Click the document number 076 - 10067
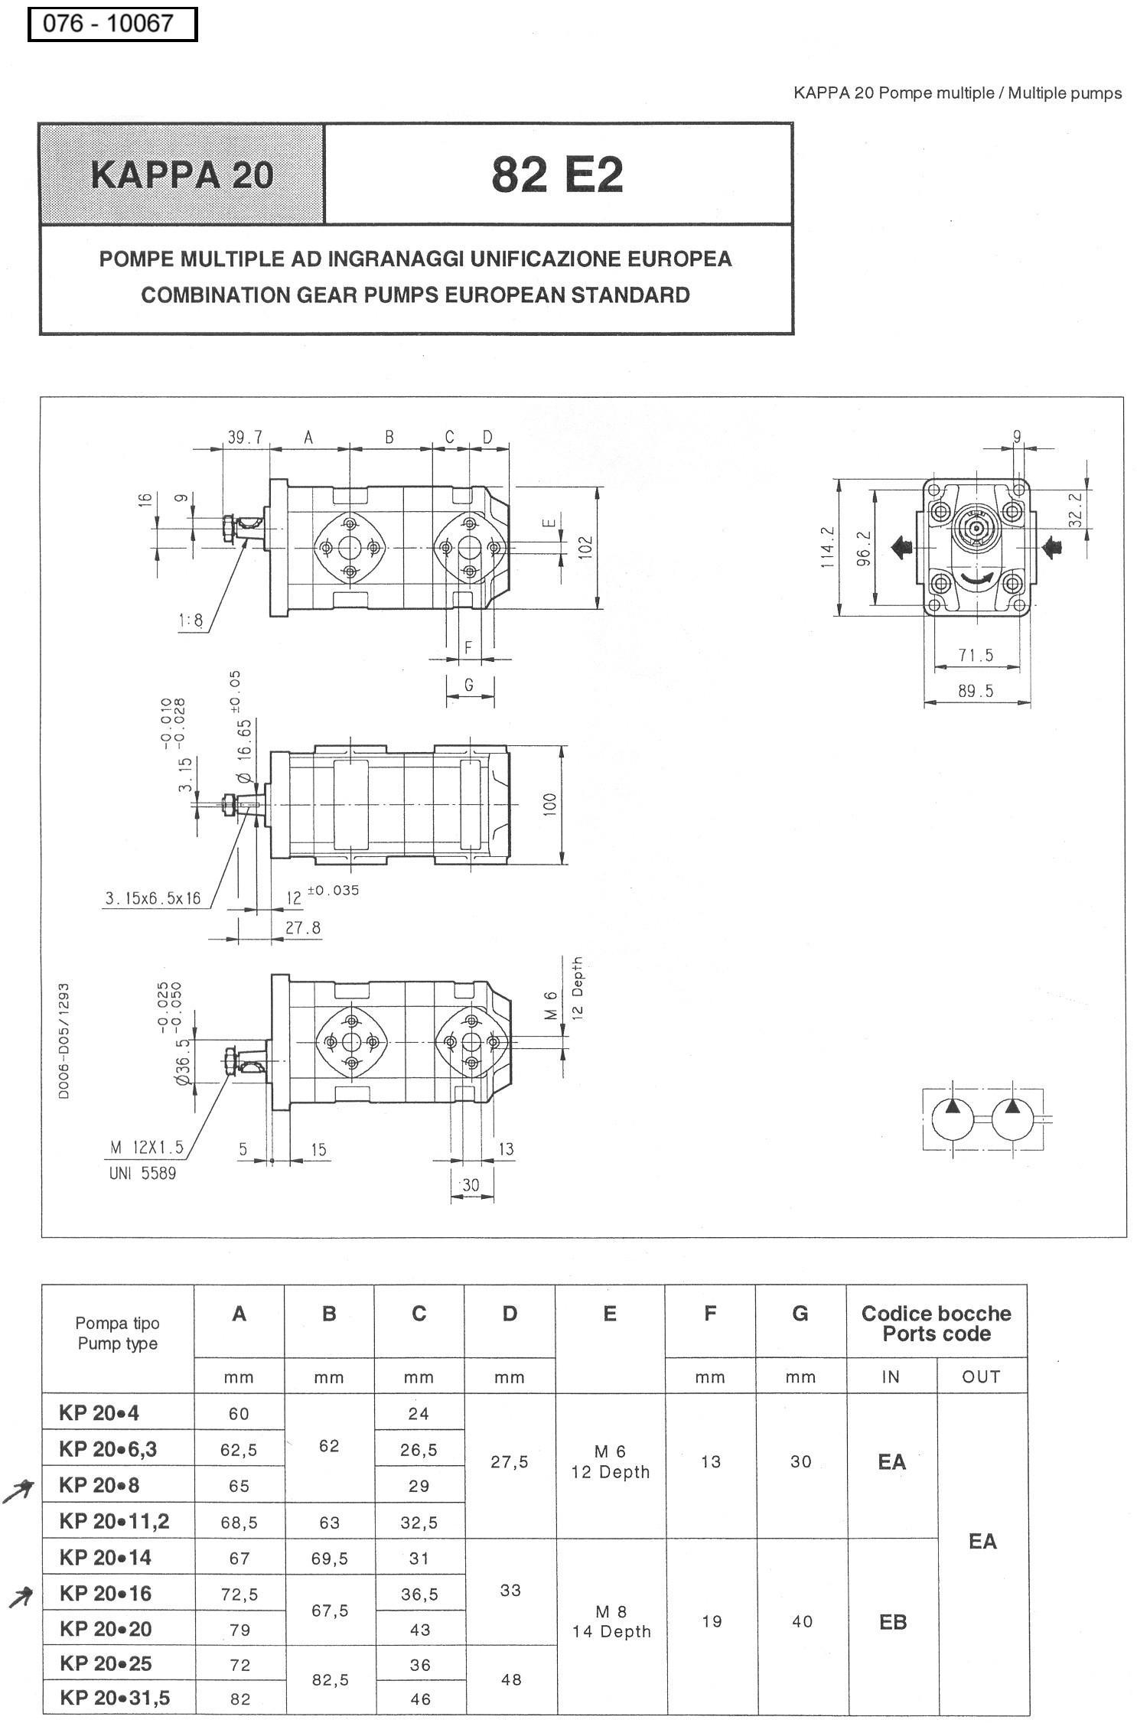click(x=108, y=23)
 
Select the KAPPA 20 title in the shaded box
click(x=182, y=174)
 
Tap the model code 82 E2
click(x=557, y=174)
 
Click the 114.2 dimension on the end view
click(x=828, y=546)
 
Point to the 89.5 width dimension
click(x=976, y=691)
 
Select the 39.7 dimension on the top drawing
click(x=245, y=437)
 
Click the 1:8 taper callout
click(x=191, y=620)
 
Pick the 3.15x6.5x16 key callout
click(x=153, y=898)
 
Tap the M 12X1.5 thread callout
click(x=147, y=1147)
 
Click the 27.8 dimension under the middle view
click(x=303, y=928)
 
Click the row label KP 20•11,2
click(x=114, y=1521)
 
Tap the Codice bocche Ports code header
click(x=936, y=1324)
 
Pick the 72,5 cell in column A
click(x=239, y=1594)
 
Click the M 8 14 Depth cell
click(x=611, y=1622)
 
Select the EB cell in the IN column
click(x=893, y=1622)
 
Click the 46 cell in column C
click(x=420, y=1699)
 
